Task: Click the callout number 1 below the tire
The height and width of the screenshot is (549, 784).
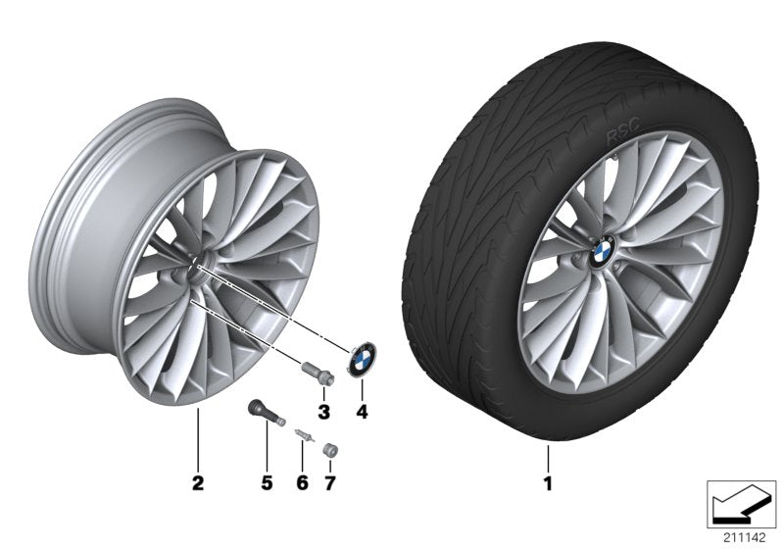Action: click(548, 483)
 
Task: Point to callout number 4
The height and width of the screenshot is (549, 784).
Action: click(362, 413)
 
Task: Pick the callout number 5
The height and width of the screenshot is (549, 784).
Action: click(265, 483)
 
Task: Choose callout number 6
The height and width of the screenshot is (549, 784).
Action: click(302, 483)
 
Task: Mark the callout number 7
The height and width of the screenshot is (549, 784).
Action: click(330, 483)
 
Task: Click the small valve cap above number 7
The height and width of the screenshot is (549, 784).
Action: click(330, 448)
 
